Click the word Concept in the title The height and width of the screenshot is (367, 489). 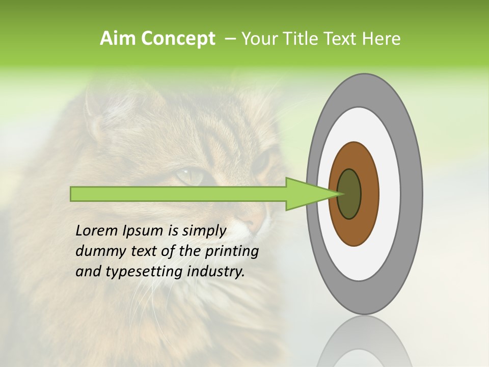[178, 39]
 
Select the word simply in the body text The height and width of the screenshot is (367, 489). [203, 231]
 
